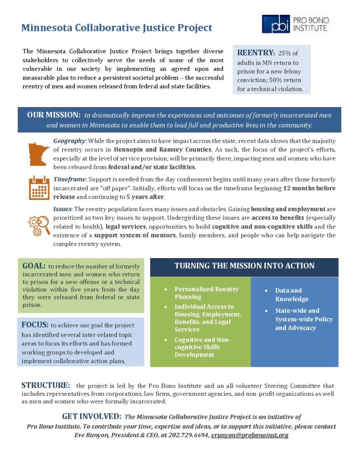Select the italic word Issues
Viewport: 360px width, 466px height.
click(63, 209)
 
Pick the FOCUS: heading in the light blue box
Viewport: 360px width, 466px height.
click(35, 325)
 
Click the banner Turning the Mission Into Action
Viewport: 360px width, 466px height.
click(244, 266)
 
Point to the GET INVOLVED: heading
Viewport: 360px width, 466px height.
click(91, 416)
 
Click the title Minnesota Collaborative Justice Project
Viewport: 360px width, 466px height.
click(117, 28)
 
